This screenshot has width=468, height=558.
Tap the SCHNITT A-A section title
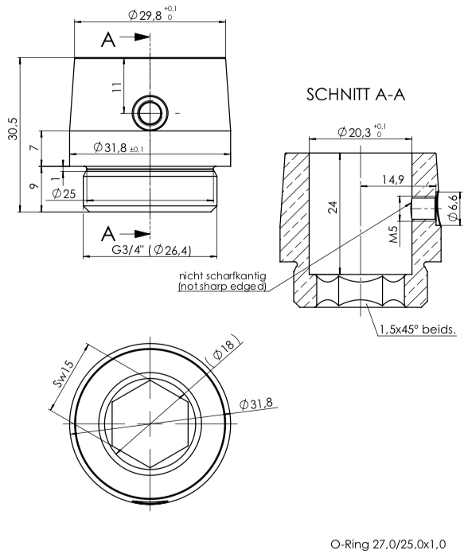355,96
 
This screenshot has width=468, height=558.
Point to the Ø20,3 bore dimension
361,131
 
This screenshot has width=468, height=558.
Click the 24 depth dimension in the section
333,208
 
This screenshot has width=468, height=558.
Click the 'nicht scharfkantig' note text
222,275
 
